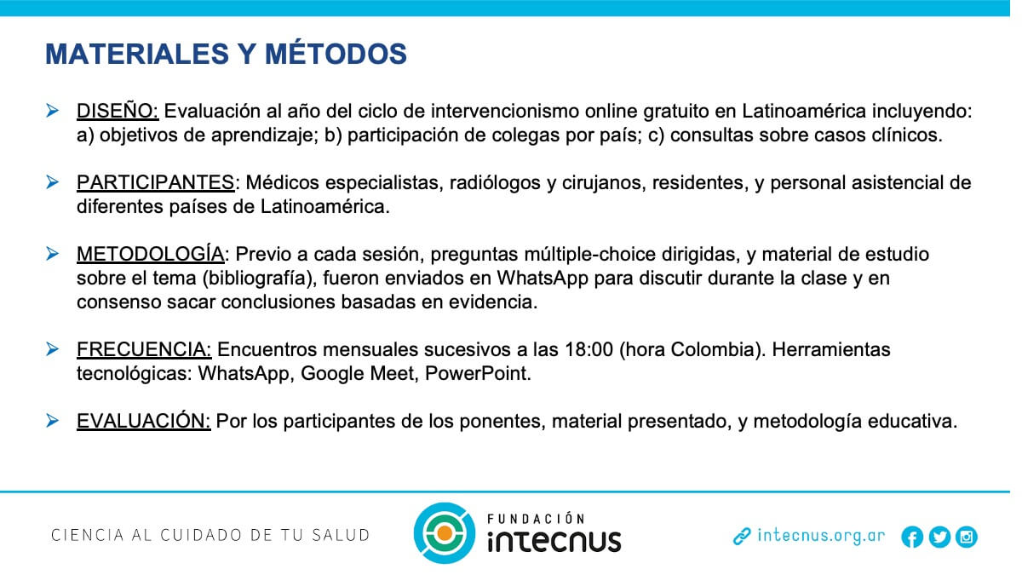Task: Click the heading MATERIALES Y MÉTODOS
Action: tap(226, 54)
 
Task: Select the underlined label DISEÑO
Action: tap(117, 112)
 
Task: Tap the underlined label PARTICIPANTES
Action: tap(155, 183)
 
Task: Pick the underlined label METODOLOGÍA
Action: tap(150, 254)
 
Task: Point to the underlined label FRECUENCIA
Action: tap(143, 350)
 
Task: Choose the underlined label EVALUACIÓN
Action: tap(143, 421)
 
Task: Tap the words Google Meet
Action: tap(357, 374)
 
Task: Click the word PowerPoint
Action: tap(477, 374)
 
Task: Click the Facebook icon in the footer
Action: tap(912, 537)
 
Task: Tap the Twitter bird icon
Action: tap(939, 537)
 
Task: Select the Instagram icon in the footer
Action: tap(967, 537)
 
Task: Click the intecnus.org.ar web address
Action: tap(821, 536)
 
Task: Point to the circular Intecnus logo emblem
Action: tap(445, 533)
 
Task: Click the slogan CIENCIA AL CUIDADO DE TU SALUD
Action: tap(210, 535)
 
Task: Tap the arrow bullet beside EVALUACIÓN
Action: tap(53, 420)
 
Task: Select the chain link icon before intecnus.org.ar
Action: tap(742, 537)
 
